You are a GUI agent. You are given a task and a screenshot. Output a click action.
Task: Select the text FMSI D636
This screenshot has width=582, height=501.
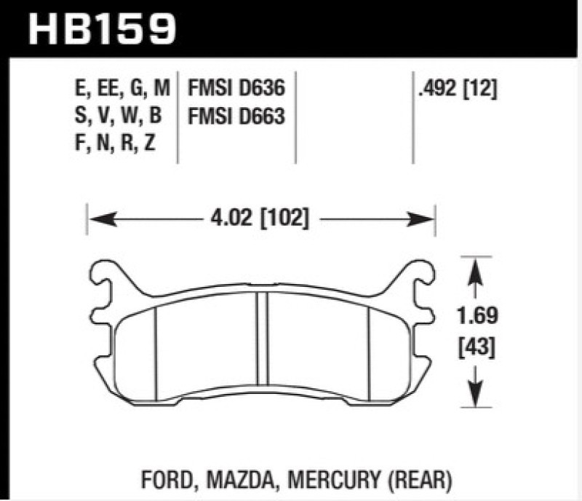click(236, 90)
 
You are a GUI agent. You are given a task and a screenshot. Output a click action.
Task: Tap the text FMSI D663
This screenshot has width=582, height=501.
click(236, 117)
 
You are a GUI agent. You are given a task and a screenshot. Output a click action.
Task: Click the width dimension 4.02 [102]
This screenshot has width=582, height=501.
click(260, 218)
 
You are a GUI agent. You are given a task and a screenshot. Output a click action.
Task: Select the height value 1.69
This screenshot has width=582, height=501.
click(477, 317)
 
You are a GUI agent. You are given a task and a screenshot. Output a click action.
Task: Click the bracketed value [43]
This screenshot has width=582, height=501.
click(477, 347)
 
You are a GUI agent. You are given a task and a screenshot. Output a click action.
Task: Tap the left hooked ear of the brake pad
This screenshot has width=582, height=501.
click(102, 280)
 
